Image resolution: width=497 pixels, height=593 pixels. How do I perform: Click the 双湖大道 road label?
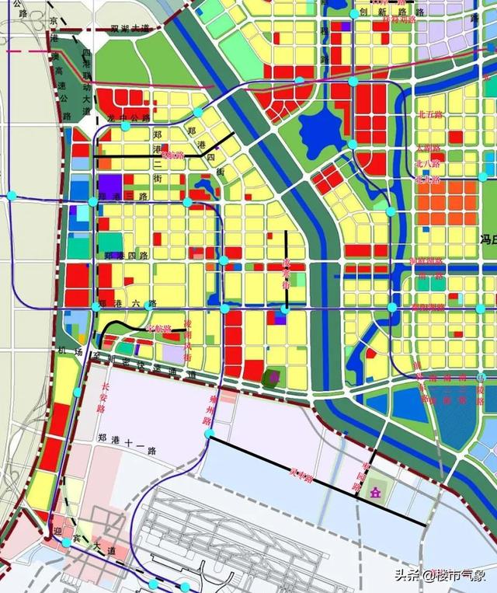[x=129, y=28]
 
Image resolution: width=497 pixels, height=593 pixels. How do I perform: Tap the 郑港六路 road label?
[x=128, y=303]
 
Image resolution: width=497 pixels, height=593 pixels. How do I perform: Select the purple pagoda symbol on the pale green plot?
[x=376, y=492]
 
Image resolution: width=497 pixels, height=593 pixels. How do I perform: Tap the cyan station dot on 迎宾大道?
[x=67, y=542]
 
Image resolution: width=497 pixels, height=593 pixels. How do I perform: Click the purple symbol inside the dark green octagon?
[x=272, y=378]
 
